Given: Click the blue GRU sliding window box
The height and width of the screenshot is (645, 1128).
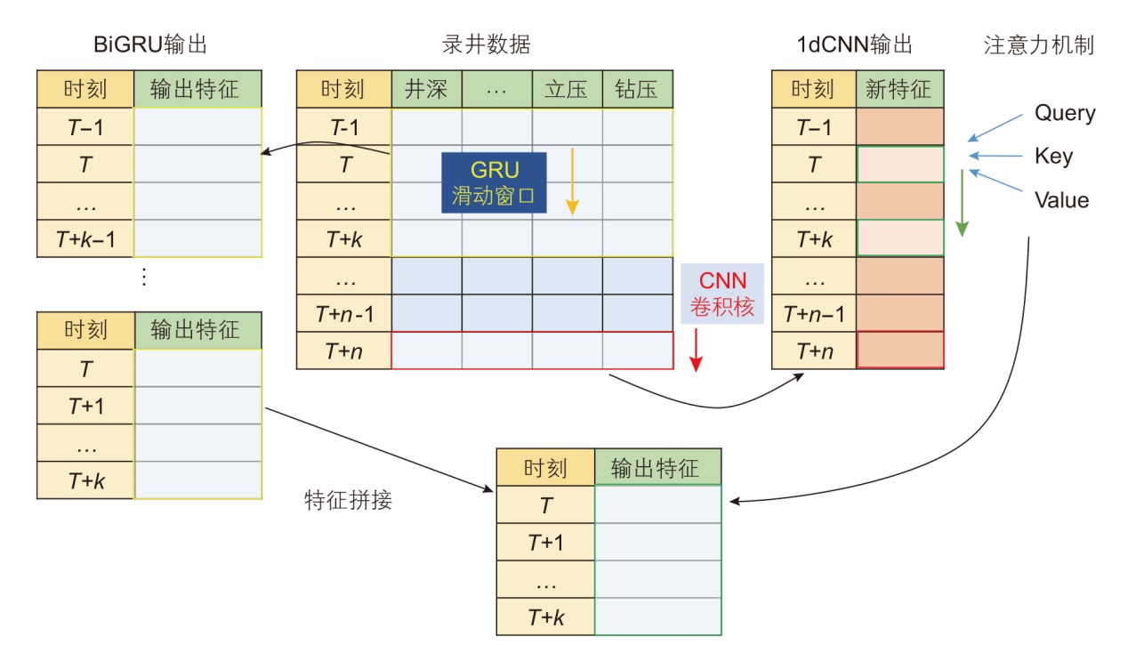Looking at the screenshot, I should tap(494, 182).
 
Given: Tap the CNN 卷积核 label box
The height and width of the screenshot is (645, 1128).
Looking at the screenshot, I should tap(721, 294).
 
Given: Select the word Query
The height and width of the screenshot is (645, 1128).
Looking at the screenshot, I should tap(1064, 114).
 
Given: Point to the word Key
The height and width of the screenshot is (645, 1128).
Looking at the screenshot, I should tap(1053, 157).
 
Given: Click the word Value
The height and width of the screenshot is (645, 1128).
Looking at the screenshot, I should tap(1061, 200).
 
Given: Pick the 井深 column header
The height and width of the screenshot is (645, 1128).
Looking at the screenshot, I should tap(426, 90).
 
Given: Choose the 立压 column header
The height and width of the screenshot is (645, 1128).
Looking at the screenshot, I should tap(567, 90).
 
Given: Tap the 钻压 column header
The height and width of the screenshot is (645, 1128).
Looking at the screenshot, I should tap(637, 90).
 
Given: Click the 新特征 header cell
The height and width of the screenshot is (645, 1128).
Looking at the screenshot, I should tap(898, 90).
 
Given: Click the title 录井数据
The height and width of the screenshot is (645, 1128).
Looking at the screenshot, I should tap(486, 44).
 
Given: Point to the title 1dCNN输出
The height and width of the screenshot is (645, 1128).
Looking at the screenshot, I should tap(855, 44).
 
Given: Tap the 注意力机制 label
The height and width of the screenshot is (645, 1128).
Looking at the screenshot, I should tap(1038, 44).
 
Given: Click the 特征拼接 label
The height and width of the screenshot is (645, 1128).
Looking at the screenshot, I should tap(348, 500).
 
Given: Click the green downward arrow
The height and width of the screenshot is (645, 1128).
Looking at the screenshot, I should tap(961, 204).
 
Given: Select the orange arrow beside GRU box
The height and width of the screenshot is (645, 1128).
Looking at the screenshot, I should tap(573, 182).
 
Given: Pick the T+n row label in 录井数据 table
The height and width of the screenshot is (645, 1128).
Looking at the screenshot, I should tap(343, 351).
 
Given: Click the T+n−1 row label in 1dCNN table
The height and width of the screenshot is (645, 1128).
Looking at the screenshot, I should tap(813, 313).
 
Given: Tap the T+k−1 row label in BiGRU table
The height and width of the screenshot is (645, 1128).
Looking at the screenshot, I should tap(85, 238).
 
